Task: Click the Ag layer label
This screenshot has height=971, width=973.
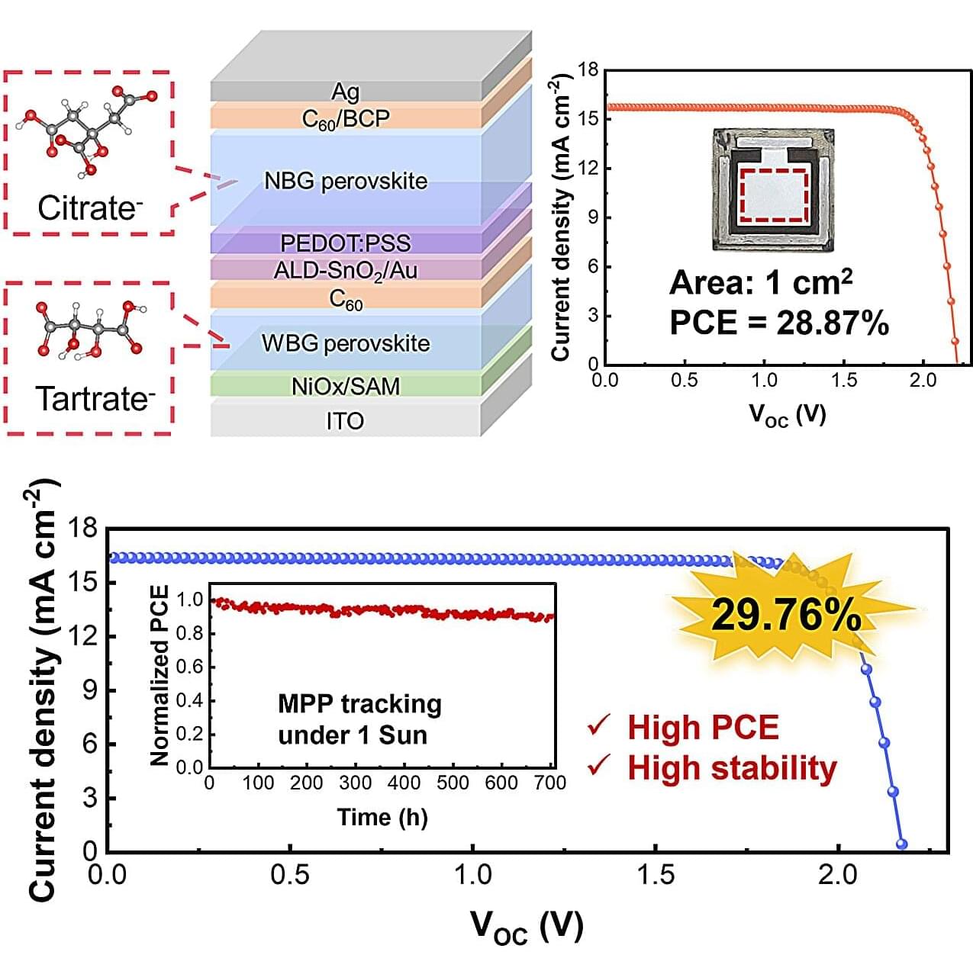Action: point(345,92)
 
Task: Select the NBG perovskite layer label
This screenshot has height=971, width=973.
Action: point(345,181)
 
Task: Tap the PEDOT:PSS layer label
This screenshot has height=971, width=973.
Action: point(345,243)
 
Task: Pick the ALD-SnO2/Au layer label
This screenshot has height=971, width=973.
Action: point(345,271)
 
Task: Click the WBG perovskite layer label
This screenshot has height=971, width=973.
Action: point(345,343)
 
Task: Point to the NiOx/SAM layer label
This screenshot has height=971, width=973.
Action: point(345,386)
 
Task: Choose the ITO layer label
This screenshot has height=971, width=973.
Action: point(345,421)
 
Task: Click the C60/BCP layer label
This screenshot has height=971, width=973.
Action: point(345,119)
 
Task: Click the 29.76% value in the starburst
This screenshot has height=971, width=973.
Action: point(786,615)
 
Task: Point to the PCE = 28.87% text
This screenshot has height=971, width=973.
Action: point(779,323)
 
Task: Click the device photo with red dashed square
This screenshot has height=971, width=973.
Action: point(773,190)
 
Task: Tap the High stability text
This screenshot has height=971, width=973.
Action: point(732,768)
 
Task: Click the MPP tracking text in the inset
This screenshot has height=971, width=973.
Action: point(359,703)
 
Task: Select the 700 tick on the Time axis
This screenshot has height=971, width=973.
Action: point(550,783)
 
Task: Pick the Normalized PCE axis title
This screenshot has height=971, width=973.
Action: point(159,675)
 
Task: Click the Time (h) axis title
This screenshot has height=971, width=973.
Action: point(382,818)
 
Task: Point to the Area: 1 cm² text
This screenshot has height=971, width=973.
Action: point(761,283)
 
